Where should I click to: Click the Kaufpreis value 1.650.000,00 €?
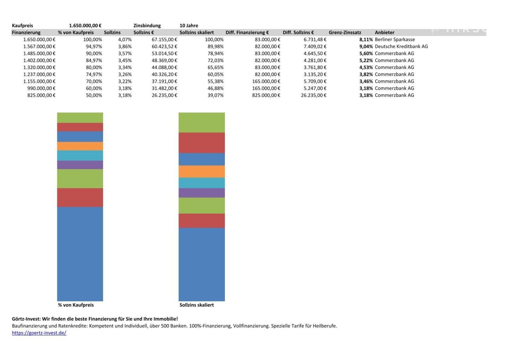tap(85, 26)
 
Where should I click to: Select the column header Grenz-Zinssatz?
tap(345, 33)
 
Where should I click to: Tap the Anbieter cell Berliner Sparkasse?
tap(395, 40)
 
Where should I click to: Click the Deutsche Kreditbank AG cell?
tap(401, 47)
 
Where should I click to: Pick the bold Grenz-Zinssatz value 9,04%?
tap(366, 47)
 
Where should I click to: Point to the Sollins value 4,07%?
tap(125, 40)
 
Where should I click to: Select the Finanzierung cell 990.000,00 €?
tap(41, 88)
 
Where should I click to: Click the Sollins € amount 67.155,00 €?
tap(164, 40)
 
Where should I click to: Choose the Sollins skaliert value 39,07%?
tap(216, 95)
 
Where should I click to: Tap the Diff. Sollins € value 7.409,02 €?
tap(315, 47)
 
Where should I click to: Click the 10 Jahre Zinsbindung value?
tap(189, 26)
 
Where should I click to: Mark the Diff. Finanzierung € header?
tap(247, 33)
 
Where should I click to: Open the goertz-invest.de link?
tap(39, 333)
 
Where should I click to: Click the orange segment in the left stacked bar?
tap(80, 146)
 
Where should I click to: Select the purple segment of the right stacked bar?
tap(202, 193)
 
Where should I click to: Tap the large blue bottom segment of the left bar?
tap(80, 253)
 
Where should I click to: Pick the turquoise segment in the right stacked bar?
tap(202, 183)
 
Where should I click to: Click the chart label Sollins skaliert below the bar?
tap(197, 305)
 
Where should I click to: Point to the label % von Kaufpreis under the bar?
tap(76, 305)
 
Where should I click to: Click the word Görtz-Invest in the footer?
tap(26, 319)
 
